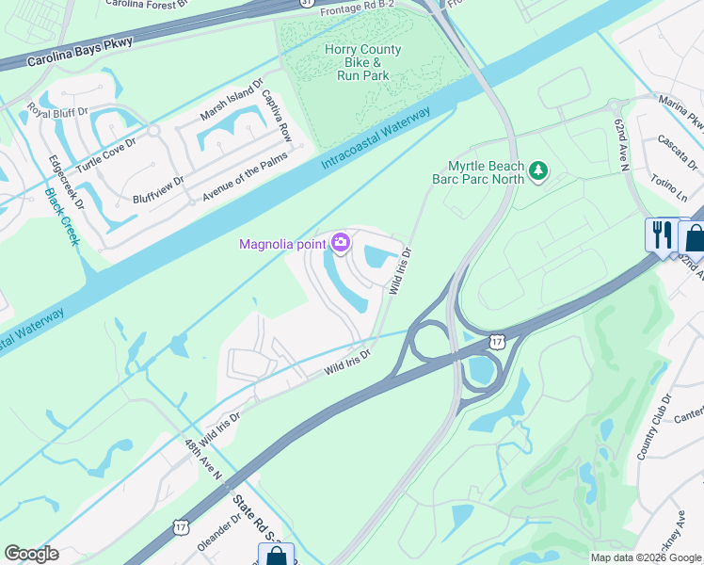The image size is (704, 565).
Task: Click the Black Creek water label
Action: (62, 217)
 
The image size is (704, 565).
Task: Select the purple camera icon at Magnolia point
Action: (341, 245)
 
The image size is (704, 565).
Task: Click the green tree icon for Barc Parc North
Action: (538, 170)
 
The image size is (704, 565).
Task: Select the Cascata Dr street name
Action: (674, 148)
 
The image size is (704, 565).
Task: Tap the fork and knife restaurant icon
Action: (663, 233)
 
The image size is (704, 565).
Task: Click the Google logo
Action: (32, 554)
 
